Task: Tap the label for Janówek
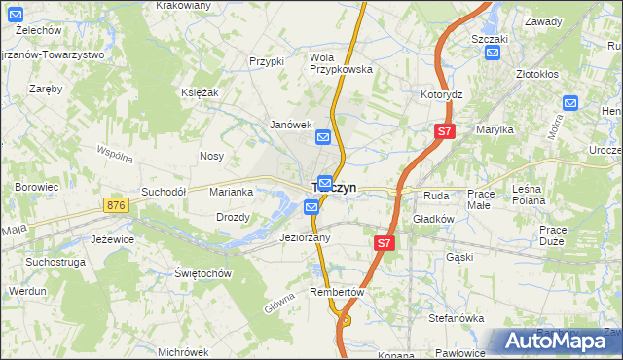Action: tap(290, 125)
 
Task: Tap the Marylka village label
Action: tap(494, 128)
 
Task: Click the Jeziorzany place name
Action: tap(305, 237)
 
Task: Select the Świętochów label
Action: tap(203, 273)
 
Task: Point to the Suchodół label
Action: tap(164, 192)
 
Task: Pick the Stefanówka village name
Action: tap(457, 318)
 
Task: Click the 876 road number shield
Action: tap(117, 205)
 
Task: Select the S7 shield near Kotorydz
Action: tap(444, 131)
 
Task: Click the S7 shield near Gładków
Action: tap(385, 244)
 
